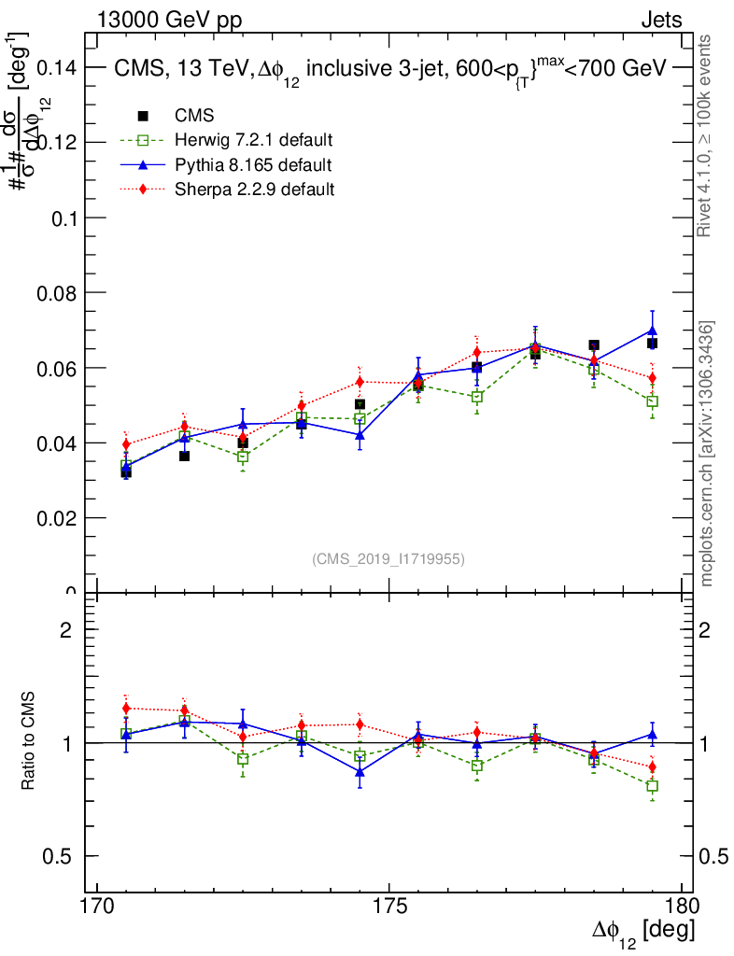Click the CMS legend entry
tap(194, 116)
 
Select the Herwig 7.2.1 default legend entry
tap(253, 141)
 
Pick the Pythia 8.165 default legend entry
tap(252, 165)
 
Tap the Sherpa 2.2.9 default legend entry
tap(254, 190)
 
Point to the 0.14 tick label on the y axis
tap(57, 67)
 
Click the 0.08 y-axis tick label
tap(57, 292)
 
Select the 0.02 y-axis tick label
tap(57, 517)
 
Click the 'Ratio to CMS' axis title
tap(29, 742)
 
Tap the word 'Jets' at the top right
tap(660, 20)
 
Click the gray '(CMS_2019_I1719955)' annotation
tap(388, 559)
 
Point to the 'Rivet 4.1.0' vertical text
tap(706, 135)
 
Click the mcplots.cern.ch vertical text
tap(707, 454)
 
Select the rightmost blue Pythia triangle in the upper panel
tap(652, 330)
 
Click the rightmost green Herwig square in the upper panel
tap(652, 401)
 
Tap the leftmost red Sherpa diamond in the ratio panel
tap(126, 709)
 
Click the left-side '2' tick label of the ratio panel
tap(65, 629)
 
